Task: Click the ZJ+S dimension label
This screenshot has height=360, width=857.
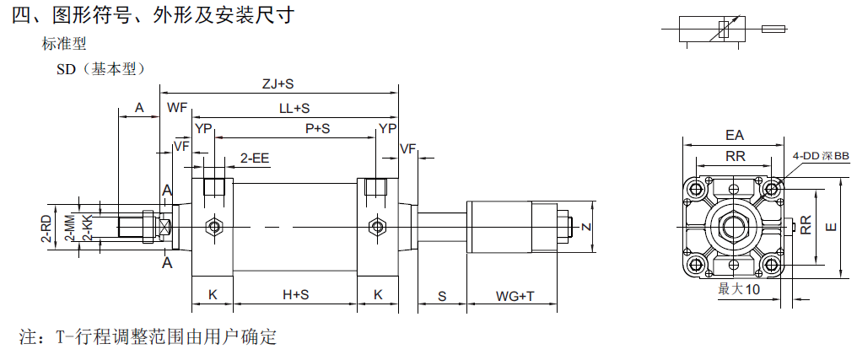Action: (x=278, y=83)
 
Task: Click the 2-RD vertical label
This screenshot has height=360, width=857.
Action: (x=47, y=228)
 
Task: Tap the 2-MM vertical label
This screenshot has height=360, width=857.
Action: (x=71, y=228)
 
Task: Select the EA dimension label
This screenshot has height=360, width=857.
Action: (x=735, y=135)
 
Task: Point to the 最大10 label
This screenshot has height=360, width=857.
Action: (x=739, y=289)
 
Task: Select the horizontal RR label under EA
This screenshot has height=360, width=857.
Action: (x=735, y=155)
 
